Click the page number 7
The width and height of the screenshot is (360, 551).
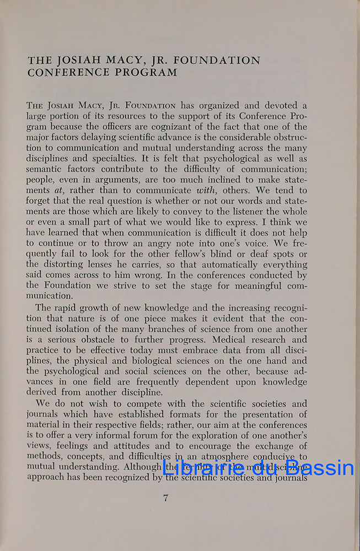click(x=165, y=499)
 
